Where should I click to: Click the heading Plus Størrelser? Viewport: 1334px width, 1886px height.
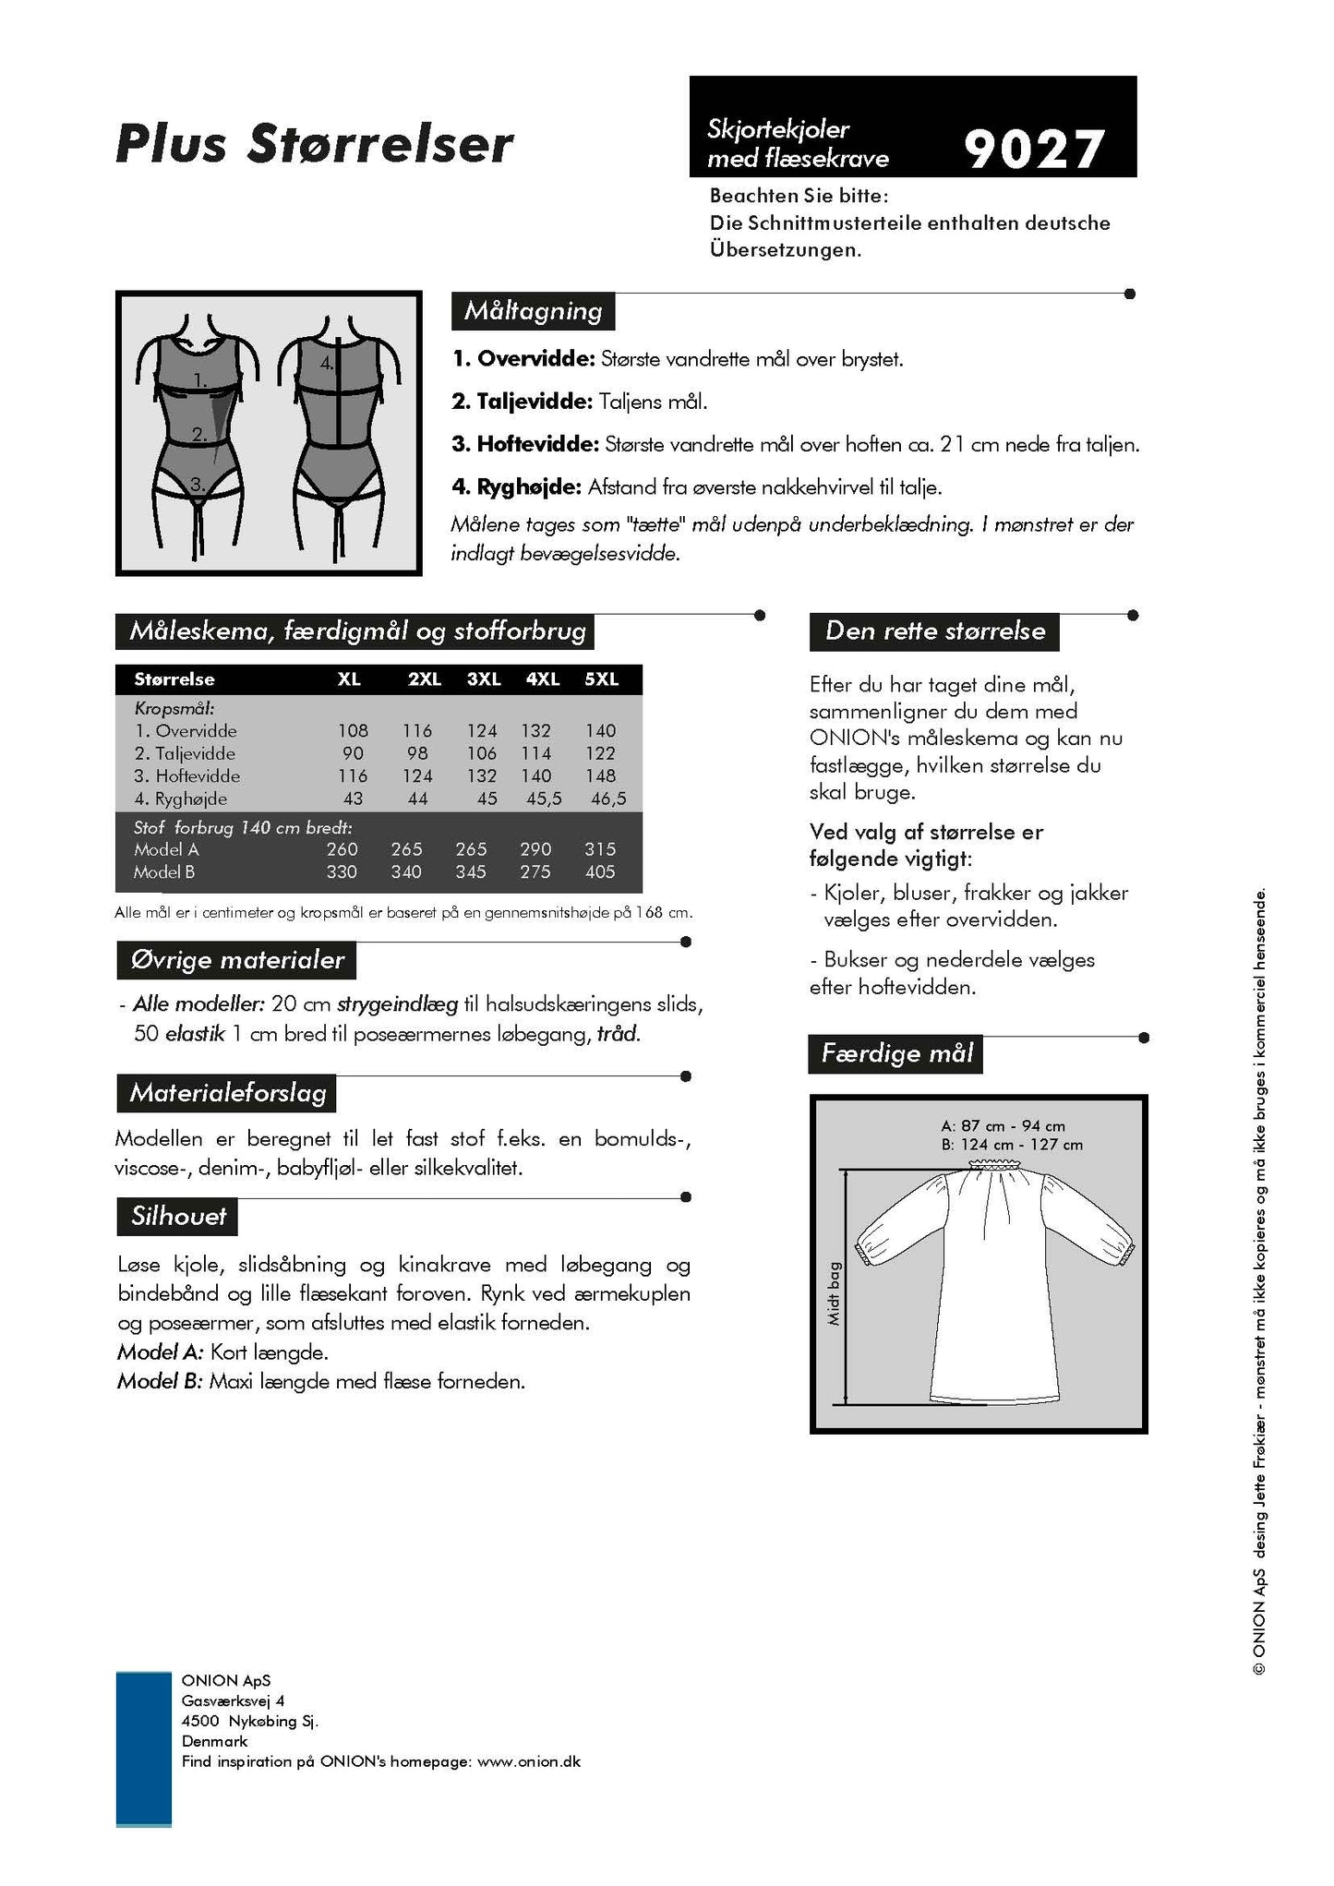click(x=314, y=144)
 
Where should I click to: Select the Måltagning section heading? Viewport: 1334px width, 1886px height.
click(x=533, y=311)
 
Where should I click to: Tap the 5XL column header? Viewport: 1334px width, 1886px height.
click(x=601, y=679)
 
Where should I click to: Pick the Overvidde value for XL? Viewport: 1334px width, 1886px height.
click(x=353, y=730)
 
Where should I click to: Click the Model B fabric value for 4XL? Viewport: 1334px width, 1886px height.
click(x=535, y=871)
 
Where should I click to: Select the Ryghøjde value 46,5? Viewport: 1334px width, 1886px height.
click(x=607, y=799)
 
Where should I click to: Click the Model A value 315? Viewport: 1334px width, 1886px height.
click(x=600, y=849)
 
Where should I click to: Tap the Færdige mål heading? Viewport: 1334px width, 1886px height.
click(x=896, y=1053)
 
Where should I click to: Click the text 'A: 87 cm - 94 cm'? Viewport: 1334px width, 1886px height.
click(x=1003, y=1126)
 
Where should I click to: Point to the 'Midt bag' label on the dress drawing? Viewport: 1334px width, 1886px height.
click(x=834, y=1293)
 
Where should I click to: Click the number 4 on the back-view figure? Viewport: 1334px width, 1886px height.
click(x=327, y=363)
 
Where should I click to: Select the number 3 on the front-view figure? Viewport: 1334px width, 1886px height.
click(x=197, y=483)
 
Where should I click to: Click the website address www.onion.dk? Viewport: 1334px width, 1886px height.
click(x=529, y=1761)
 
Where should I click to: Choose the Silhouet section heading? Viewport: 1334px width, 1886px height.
click(x=178, y=1216)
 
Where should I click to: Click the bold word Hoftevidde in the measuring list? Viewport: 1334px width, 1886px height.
click(x=537, y=444)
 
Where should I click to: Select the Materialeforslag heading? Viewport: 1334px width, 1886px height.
click(x=228, y=1093)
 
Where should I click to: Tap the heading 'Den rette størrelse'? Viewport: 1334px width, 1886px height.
click(x=934, y=631)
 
